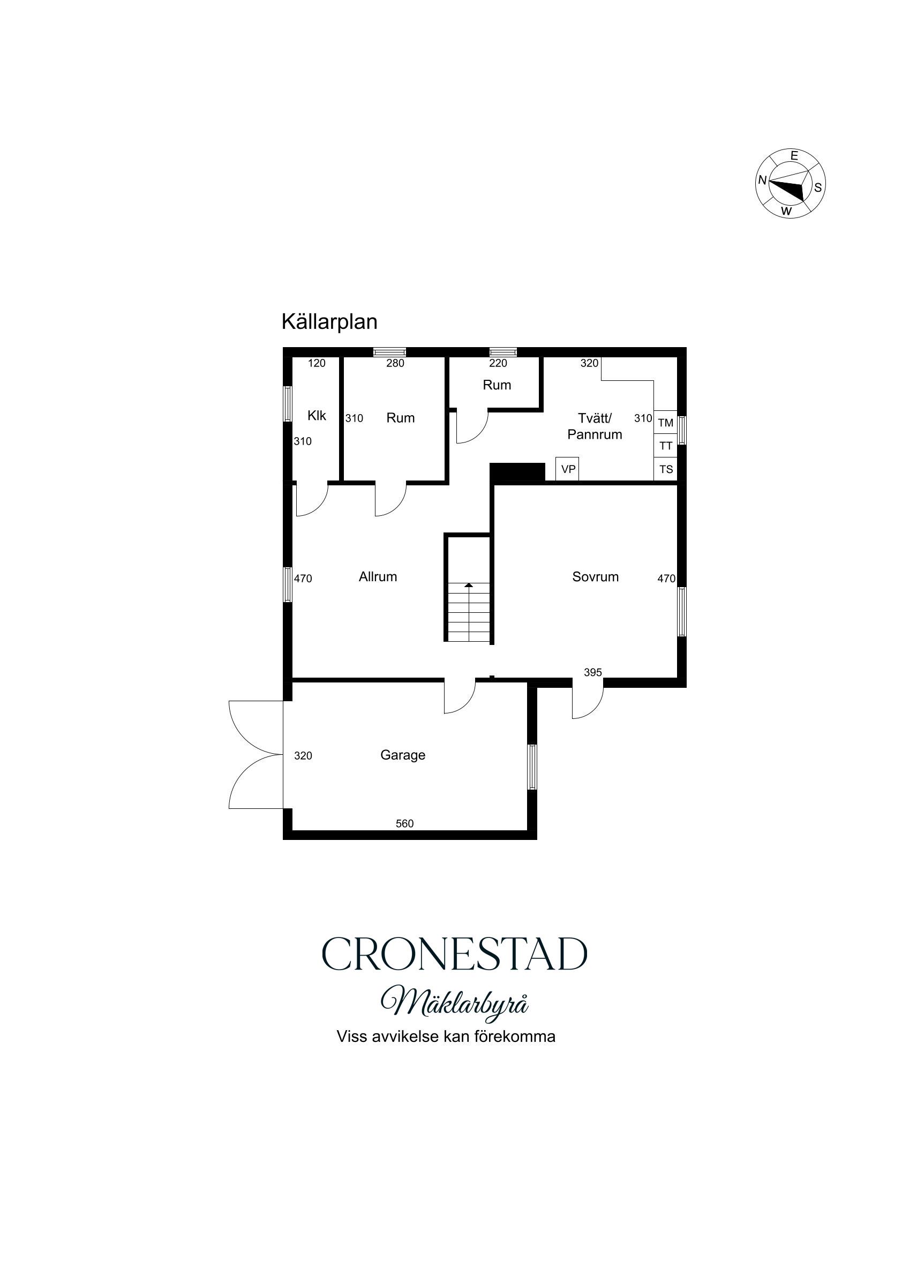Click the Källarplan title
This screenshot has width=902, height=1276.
(329, 322)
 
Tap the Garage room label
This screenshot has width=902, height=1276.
(402, 755)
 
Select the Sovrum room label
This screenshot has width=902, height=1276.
(595, 577)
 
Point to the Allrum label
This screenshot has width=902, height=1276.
(378, 577)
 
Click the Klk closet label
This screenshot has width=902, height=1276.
(317, 415)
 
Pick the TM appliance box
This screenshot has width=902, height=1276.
(665, 422)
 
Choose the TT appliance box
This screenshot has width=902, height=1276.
(665, 446)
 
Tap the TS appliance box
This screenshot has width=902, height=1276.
(665, 469)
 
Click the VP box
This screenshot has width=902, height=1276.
(567, 469)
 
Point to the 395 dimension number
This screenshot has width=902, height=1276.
(593, 672)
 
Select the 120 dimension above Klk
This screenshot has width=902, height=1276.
(317, 363)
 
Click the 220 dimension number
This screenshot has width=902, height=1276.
(498, 363)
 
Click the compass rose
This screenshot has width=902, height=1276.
(790, 183)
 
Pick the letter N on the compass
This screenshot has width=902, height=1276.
(763, 180)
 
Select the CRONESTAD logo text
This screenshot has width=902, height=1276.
(454, 954)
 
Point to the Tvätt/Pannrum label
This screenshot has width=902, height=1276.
(595, 426)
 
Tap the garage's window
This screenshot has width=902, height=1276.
(532, 767)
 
